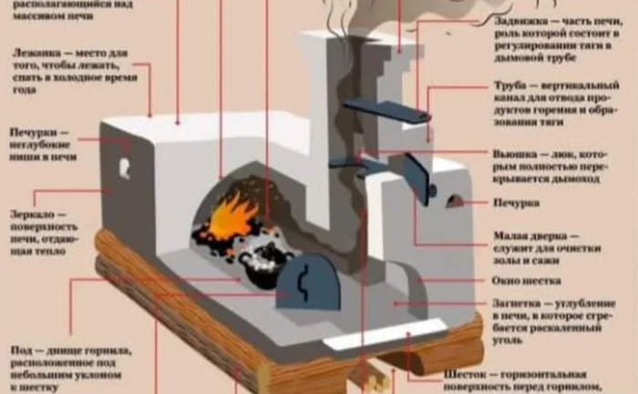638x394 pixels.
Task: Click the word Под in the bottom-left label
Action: (x=19, y=350)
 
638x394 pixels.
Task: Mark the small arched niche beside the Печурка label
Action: (x=452, y=201)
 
